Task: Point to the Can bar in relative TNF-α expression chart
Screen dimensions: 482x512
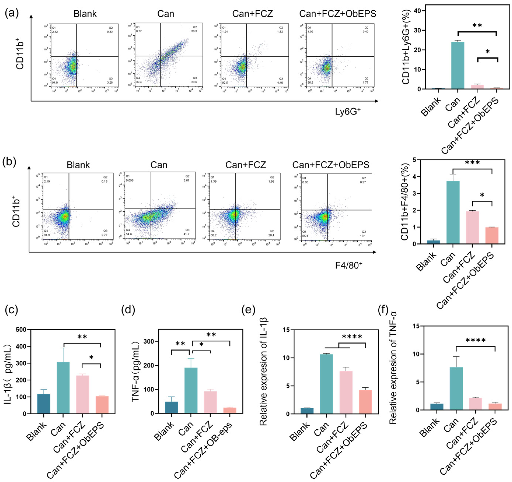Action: click(x=456, y=388)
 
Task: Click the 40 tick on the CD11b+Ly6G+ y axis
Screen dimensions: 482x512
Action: click(x=417, y=11)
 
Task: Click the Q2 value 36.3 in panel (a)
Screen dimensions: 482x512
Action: click(x=194, y=31)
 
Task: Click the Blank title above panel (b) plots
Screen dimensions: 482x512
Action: click(x=78, y=165)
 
